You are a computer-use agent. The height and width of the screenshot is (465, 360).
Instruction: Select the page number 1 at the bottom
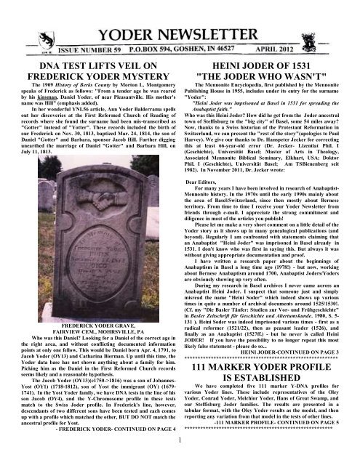coord(180,458)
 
